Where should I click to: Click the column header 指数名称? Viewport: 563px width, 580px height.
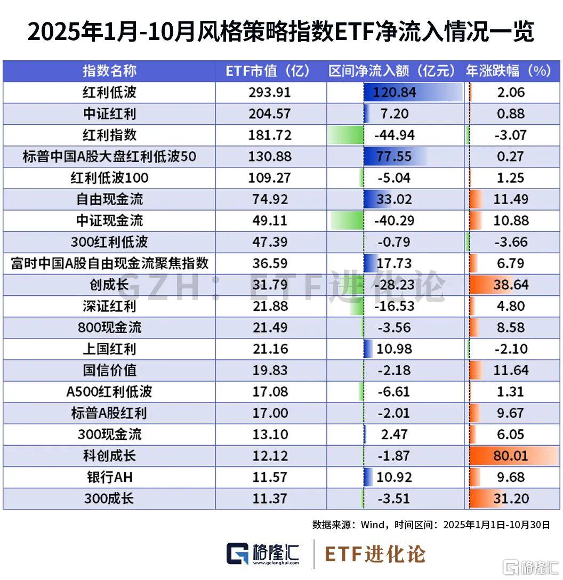(109, 71)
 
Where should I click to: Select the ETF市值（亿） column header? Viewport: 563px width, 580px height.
(270, 71)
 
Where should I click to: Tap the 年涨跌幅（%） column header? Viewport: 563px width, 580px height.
(508, 71)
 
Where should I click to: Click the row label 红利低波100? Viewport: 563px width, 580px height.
(109, 178)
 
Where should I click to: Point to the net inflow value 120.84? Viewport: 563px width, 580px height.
(395, 92)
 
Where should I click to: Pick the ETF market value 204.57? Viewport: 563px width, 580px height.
(270, 114)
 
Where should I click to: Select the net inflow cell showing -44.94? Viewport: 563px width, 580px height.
(395, 135)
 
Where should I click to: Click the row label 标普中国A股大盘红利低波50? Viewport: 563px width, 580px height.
(109, 156)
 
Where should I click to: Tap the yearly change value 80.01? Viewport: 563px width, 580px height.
(510, 456)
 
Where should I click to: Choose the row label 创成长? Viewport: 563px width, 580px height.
(109, 285)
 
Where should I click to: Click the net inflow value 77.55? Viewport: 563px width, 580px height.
(395, 156)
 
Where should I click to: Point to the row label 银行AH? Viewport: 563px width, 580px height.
(109, 477)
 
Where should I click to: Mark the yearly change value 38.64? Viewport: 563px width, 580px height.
(510, 285)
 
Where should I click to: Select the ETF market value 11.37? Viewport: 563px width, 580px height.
(270, 498)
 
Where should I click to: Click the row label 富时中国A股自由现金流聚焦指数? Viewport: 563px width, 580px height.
(109, 263)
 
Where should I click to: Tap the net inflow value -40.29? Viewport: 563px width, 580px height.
(395, 220)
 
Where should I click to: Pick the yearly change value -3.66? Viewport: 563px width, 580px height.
(510, 242)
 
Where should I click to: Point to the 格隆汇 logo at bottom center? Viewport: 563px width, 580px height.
(263, 554)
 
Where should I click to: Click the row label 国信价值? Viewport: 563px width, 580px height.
(109, 370)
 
